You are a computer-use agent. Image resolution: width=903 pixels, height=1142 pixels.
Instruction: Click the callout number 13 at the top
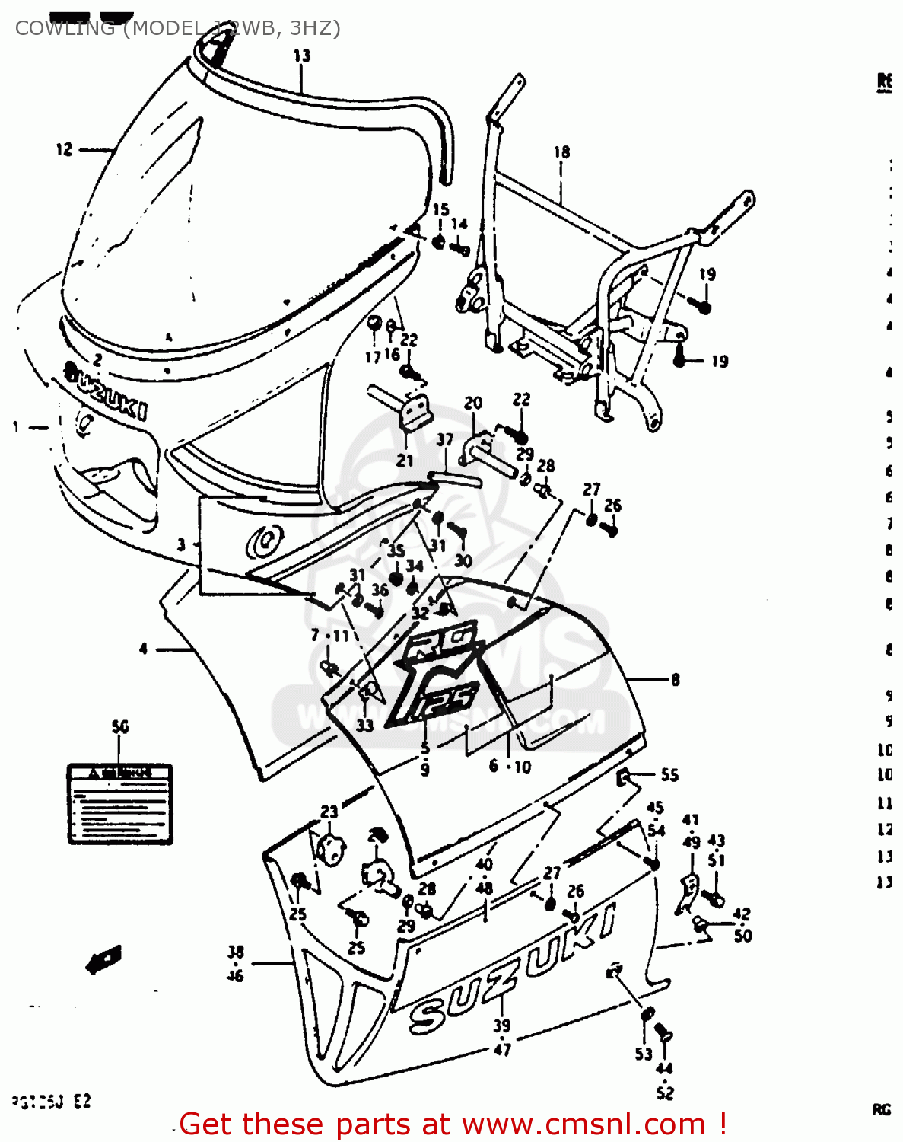(302, 56)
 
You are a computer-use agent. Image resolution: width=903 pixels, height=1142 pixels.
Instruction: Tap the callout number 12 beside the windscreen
(64, 149)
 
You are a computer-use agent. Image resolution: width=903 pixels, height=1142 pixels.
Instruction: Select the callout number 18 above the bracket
(561, 152)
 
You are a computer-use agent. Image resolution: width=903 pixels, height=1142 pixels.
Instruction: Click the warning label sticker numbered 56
(120, 804)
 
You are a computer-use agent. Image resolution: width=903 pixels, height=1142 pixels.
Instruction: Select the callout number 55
(669, 775)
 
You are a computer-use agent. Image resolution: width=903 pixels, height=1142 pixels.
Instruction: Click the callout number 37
(445, 439)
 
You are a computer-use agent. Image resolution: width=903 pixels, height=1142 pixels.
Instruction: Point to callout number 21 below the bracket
(405, 460)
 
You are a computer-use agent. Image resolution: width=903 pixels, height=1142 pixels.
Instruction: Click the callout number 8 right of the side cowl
(675, 680)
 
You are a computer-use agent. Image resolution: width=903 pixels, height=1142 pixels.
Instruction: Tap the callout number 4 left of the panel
(143, 649)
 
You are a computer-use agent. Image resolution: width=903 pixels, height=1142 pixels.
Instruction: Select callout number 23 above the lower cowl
(329, 812)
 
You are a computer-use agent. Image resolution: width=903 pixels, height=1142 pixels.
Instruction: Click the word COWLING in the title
(65, 28)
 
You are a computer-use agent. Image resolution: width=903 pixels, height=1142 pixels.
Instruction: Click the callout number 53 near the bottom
(644, 1054)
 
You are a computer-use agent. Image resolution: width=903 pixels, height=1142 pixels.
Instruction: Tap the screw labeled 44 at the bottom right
(663, 1034)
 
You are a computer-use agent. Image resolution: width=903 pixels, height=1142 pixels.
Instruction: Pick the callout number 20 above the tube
(473, 403)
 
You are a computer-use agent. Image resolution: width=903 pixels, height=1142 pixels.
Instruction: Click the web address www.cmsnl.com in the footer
(583, 1124)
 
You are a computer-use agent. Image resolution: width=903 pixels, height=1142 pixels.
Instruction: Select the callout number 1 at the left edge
(15, 427)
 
